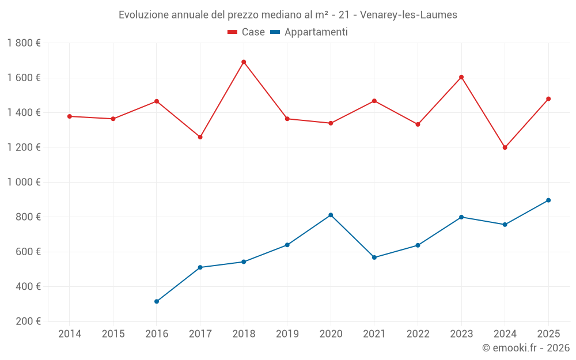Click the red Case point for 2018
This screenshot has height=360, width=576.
click(244, 62)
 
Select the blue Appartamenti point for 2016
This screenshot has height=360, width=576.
click(157, 301)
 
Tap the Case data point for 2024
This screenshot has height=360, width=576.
click(505, 147)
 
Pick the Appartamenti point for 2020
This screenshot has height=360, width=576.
click(331, 215)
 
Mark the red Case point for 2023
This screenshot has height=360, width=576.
click(461, 77)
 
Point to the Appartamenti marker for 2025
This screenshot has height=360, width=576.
click(548, 200)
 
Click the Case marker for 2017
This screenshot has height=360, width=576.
click(200, 137)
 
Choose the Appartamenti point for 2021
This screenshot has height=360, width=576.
click(374, 257)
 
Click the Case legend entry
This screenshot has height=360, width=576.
click(247, 32)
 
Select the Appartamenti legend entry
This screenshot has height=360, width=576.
click(309, 32)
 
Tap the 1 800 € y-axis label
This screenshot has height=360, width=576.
click(24, 43)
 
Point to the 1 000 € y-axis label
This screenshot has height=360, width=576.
click(24, 182)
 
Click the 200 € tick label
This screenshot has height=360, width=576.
click(28, 321)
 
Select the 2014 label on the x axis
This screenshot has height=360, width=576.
click(70, 334)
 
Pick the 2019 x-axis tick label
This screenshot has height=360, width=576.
click(287, 334)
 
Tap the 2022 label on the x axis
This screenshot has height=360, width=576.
click(418, 334)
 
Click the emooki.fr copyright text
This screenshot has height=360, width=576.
click(525, 348)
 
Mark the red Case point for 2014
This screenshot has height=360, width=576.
click(70, 116)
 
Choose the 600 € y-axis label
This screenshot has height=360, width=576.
click(28, 252)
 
